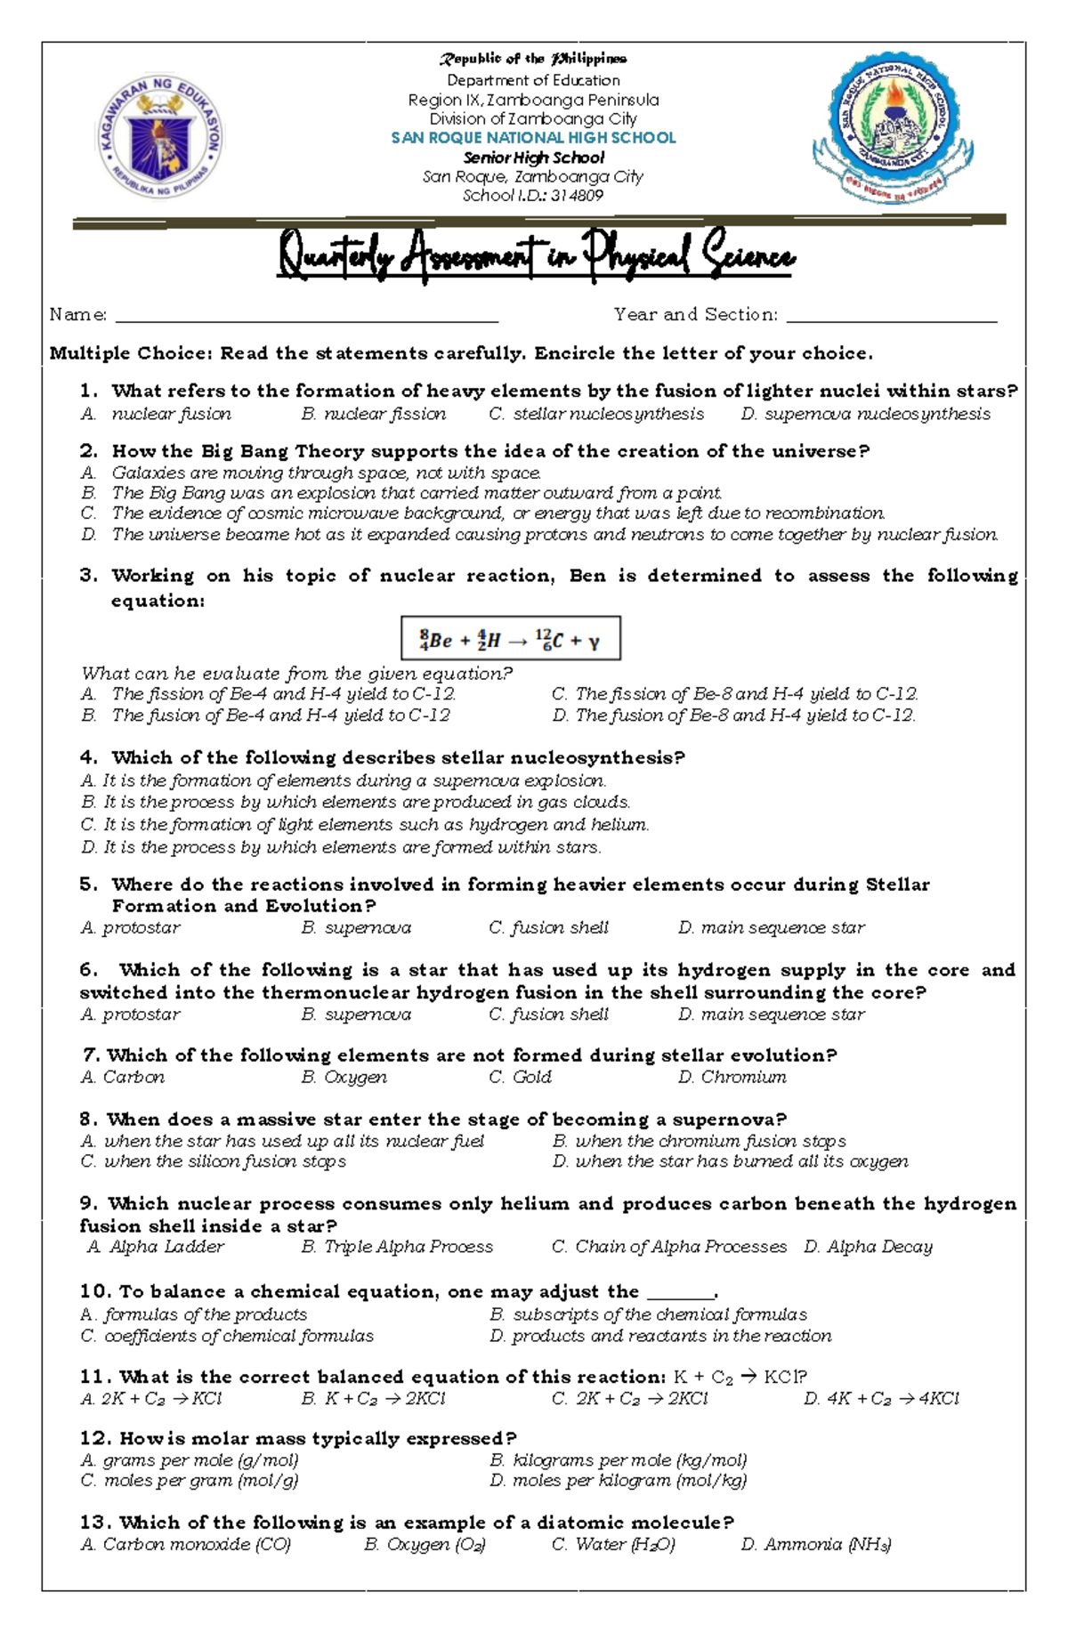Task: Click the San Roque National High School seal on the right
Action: click(893, 127)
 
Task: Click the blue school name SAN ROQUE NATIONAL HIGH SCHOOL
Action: click(533, 138)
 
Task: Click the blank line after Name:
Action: click(306, 316)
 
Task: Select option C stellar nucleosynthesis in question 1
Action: click(596, 414)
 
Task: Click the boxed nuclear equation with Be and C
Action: click(510, 639)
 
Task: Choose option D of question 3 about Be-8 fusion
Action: click(733, 715)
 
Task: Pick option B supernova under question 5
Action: click(356, 928)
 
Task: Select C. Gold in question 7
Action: click(520, 1078)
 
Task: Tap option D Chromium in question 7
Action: click(732, 1078)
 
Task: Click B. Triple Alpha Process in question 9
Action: click(397, 1247)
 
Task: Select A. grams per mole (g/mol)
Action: click(190, 1460)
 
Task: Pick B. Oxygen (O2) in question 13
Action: click(425, 1545)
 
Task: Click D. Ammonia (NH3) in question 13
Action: click(815, 1545)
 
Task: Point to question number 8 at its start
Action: click(88, 1120)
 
